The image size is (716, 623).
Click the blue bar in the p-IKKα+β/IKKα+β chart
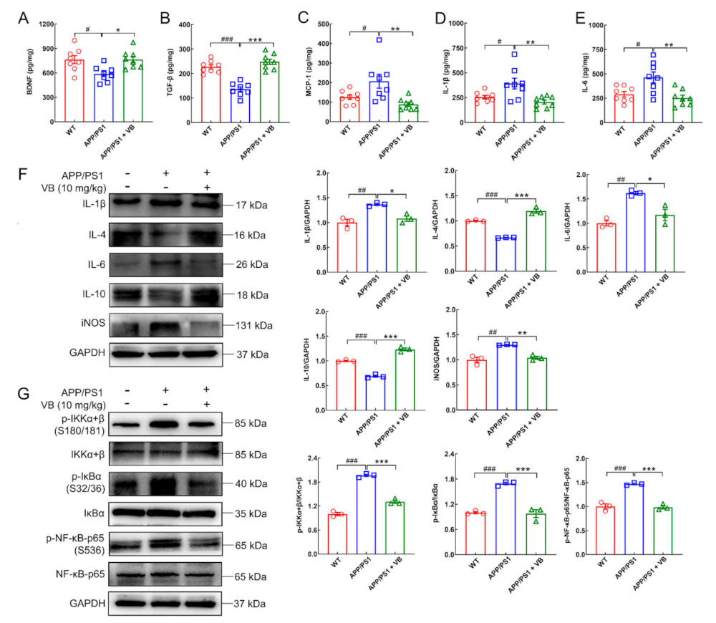click(367, 514)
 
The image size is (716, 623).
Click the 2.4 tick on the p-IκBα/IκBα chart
click(451, 455)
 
